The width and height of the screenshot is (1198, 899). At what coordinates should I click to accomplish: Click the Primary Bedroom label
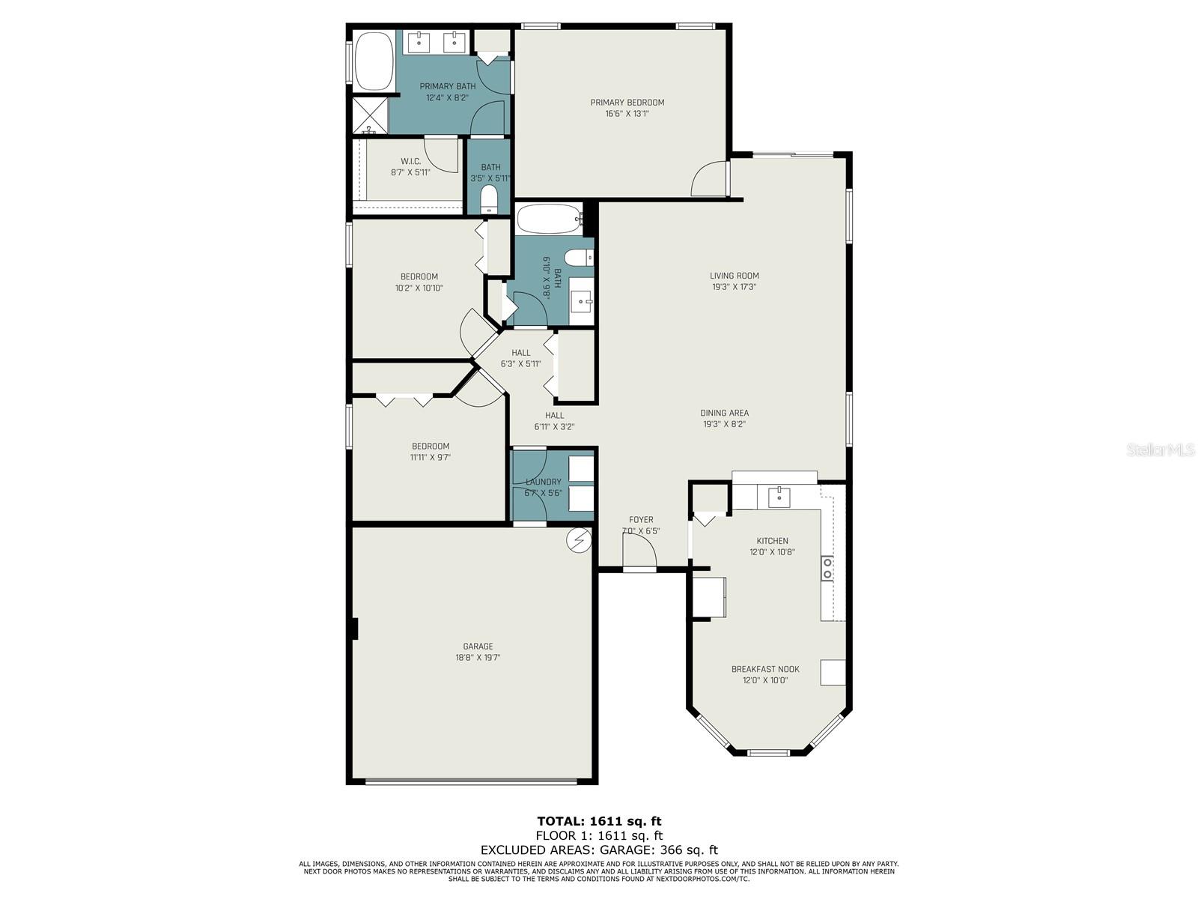627,103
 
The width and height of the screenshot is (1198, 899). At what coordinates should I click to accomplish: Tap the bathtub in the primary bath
374,61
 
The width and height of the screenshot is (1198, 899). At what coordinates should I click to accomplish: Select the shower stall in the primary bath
371,115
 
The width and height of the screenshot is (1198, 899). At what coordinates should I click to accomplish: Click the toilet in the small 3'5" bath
489,199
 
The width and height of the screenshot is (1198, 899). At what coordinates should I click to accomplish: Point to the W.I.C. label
410,161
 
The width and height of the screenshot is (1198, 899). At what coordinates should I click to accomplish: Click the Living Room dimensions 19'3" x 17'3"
734,286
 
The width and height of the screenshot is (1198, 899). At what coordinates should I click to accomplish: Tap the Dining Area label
724,413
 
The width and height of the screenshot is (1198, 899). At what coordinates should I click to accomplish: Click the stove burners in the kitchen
827,569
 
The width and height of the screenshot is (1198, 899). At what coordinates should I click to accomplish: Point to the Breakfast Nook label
765,669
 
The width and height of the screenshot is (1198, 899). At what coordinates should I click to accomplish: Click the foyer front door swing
641,553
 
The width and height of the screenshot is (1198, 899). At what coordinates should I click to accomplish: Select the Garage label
478,647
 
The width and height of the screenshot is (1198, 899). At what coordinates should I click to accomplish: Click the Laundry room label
543,482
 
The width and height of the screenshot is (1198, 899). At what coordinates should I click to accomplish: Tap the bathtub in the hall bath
549,220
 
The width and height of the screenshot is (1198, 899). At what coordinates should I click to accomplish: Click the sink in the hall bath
581,302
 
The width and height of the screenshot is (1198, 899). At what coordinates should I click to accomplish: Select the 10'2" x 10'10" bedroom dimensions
419,288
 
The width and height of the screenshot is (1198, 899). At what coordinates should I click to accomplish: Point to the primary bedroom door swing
708,181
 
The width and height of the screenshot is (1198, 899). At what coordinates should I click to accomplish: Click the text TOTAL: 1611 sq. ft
599,821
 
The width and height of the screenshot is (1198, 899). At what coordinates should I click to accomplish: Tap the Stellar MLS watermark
1161,450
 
